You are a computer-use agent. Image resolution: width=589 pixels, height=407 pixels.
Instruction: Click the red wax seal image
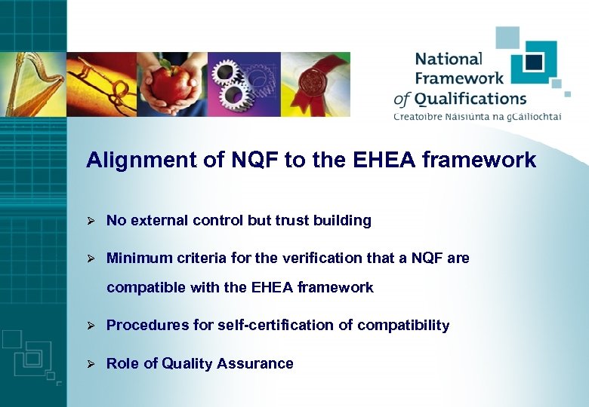(x=316, y=84)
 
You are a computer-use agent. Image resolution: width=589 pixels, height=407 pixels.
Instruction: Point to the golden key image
(x=103, y=84)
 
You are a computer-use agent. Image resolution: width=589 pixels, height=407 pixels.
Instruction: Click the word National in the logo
(x=449, y=59)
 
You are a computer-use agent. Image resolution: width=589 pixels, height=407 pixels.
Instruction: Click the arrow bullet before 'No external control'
(x=89, y=221)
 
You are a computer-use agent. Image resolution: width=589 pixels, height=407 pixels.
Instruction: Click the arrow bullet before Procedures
(x=89, y=326)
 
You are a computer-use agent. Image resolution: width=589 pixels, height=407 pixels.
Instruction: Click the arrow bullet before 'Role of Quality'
(x=89, y=363)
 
